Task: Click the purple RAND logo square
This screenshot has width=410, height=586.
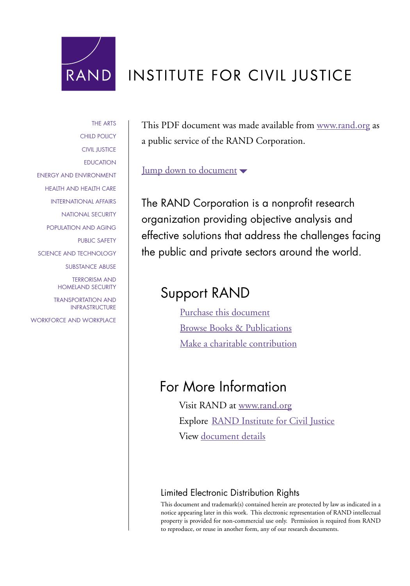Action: pos(88,64)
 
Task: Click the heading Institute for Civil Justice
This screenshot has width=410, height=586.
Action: pos(240,75)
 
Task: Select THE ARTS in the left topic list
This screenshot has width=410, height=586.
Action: pos(103,123)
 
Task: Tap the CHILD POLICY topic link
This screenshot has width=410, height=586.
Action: pos(98,136)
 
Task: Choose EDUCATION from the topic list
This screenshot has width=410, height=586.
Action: pos(100,163)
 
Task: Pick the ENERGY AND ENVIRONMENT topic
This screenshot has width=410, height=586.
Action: pos(77,175)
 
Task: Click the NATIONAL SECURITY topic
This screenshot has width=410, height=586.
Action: pos(89,214)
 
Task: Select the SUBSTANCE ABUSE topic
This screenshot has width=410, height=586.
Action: pos(91,267)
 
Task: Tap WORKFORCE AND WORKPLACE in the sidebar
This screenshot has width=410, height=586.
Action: pos(73,320)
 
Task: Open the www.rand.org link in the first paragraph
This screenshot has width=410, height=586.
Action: pos(343,125)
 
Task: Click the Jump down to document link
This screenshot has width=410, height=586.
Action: pos(189,170)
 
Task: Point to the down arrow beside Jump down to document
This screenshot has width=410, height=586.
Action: pos(243,171)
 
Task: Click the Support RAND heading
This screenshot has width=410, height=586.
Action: pos(205,293)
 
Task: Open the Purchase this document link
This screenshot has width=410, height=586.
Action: pos(225,313)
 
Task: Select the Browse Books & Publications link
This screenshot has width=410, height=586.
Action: pos(235,328)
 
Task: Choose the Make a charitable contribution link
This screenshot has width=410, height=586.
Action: pos(238,344)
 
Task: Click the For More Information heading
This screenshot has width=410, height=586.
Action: pos(223,387)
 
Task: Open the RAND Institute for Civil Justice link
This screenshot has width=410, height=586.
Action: pos(273,421)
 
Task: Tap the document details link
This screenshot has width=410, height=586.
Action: pos(233,436)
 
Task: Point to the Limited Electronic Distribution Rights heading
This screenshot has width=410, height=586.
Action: pos(230,493)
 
